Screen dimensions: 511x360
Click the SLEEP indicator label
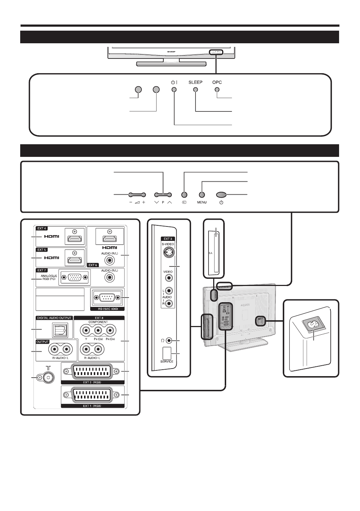pos(196,82)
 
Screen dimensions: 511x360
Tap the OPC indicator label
pos(217,82)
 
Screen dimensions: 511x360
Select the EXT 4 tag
pos(42,228)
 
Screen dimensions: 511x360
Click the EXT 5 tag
pos(42,250)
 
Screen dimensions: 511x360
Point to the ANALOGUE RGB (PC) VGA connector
pos(75,277)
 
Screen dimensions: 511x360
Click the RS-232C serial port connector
pos(106,298)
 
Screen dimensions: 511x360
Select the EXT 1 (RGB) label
pos(92,406)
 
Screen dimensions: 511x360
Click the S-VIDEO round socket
pos(168,253)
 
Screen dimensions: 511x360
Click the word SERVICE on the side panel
pos(167,361)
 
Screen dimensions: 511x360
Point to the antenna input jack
pos(48,378)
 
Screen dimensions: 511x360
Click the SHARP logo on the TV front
pos(171,52)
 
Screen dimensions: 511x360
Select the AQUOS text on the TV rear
pos(245,305)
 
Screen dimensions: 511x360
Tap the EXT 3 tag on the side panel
pos(168,239)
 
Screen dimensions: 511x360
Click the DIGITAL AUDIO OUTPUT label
pos(54,318)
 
